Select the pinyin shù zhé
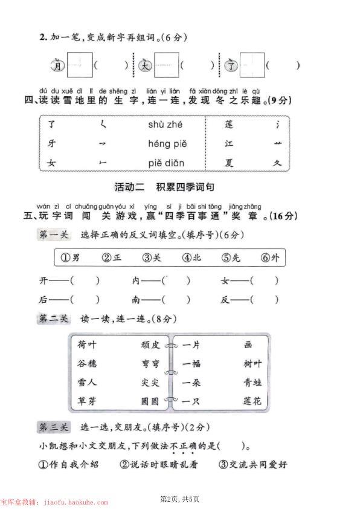point(165,125)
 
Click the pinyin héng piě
point(167,144)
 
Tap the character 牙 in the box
point(52,144)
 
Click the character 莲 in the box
point(228,125)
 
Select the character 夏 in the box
point(228,163)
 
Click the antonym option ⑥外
point(271,258)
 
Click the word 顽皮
point(150,345)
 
